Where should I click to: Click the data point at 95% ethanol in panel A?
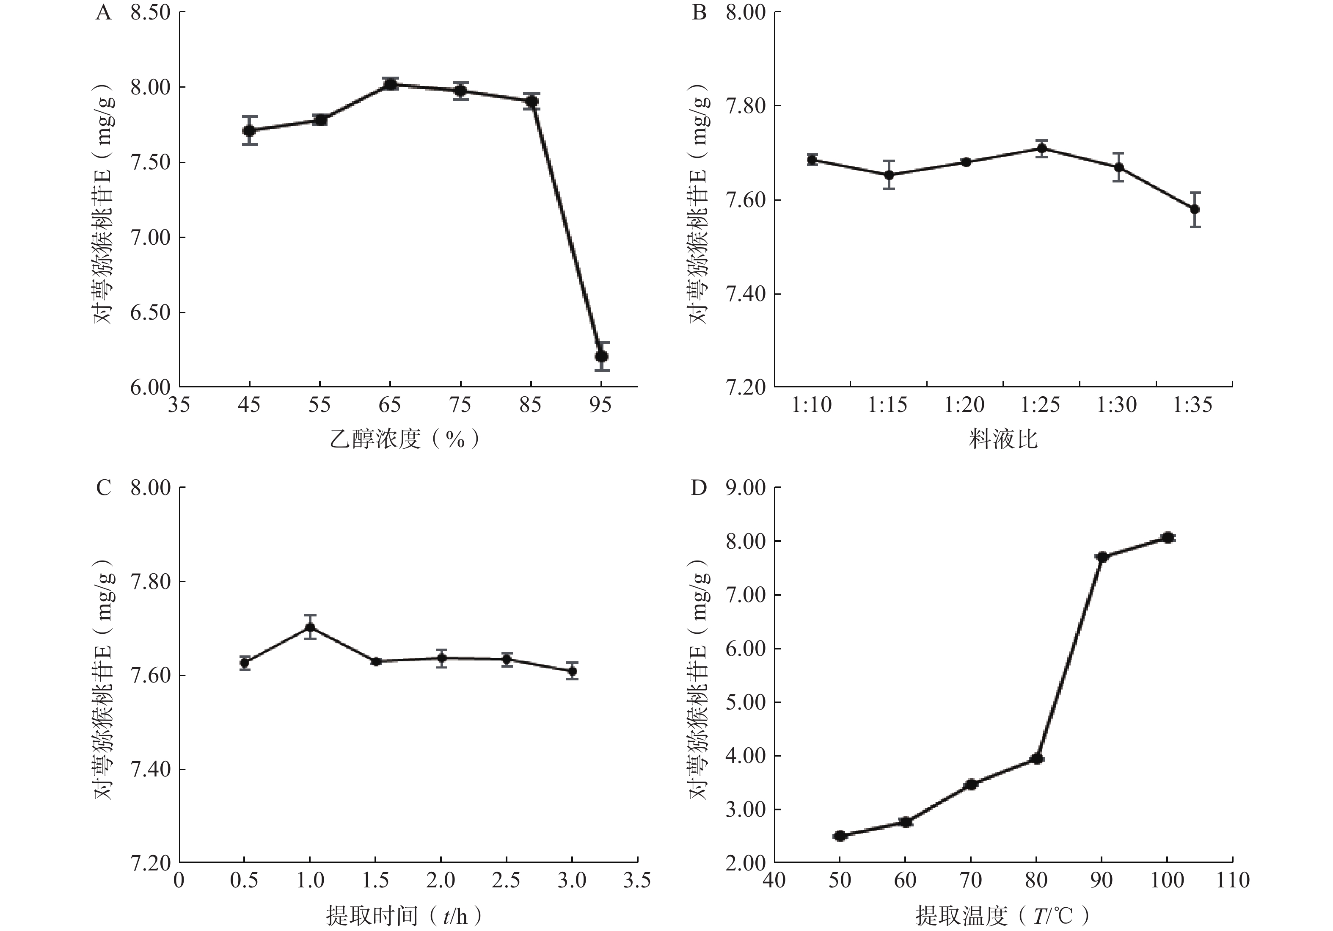(x=601, y=356)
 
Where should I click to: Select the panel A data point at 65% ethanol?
(x=391, y=84)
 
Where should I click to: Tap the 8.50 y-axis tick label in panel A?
(x=150, y=12)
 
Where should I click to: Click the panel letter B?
(x=699, y=12)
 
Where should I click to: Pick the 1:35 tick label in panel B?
(x=1193, y=405)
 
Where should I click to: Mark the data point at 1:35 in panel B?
(x=1195, y=209)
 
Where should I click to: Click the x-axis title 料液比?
(x=1003, y=439)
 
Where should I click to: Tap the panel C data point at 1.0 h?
(x=310, y=627)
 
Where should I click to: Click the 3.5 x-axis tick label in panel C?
(x=636, y=881)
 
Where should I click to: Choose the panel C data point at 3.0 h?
(x=573, y=671)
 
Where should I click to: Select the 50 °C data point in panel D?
(x=840, y=836)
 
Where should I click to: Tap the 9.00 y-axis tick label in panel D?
(x=746, y=488)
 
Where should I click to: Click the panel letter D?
(x=699, y=488)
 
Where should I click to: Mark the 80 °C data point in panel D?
(x=1037, y=759)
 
